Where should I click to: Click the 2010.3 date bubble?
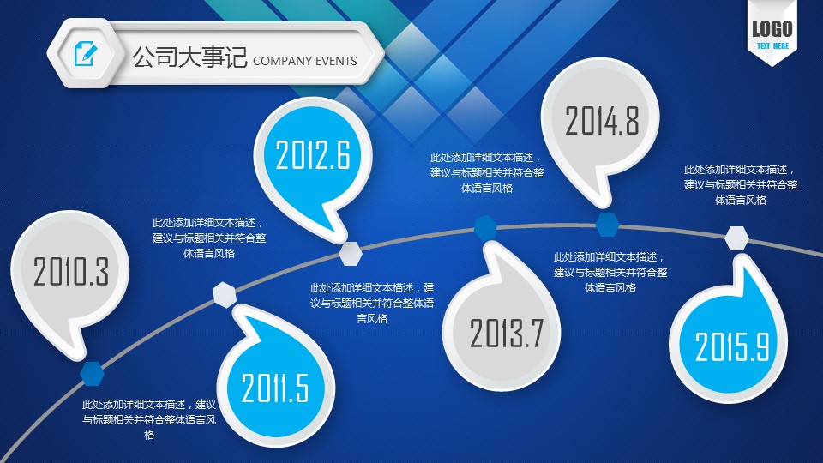click(x=69, y=273)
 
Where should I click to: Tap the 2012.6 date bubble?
click(x=314, y=158)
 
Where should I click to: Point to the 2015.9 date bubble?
click(x=729, y=341)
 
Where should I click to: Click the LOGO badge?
click(x=772, y=33)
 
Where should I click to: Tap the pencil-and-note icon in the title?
click(x=86, y=53)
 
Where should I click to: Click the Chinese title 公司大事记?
click(x=189, y=57)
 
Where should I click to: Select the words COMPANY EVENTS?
click(x=305, y=61)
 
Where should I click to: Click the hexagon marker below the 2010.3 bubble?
click(x=93, y=373)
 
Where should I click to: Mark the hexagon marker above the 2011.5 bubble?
click(x=225, y=294)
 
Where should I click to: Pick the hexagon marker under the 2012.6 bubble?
click(x=350, y=254)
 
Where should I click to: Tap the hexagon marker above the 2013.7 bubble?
click(x=486, y=227)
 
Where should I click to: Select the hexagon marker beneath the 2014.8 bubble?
click(x=607, y=224)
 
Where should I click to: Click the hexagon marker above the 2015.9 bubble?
click(x=737, y=238)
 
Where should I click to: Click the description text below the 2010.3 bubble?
click(x=149, y=419)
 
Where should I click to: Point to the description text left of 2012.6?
click(x=209, y=238)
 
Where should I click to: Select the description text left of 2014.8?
click(x=487, y=172)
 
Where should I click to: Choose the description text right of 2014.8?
click(x=741, y=185)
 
